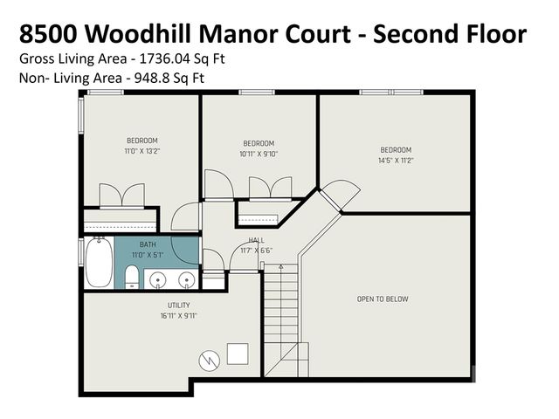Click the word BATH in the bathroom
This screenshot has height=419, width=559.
pyautogui.click(x=148, y=245)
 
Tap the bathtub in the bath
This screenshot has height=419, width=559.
pyautogui.click(x=98, y=263)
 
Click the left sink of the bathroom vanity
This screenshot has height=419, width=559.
pyautogui.click(x=158, y=279)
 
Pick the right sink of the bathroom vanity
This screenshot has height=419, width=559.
pyautogui.click(x=186, y=279)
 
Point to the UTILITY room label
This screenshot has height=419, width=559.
pyautogui.click(x=167, y=306)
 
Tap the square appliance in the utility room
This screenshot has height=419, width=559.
pyautogui.click(x=237, y=352)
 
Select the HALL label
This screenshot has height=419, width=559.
pyautogui.click(x=256, y=240)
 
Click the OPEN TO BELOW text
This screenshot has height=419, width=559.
pyautogui.click(x=383, y=299)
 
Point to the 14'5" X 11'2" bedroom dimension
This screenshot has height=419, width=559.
pyautogui.click(x=395, y=161)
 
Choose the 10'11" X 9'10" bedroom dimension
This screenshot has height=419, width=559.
pyautogui.click(x=258, y=155)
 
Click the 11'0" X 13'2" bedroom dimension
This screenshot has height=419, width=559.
pyautogui.click(x=142, y=152)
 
